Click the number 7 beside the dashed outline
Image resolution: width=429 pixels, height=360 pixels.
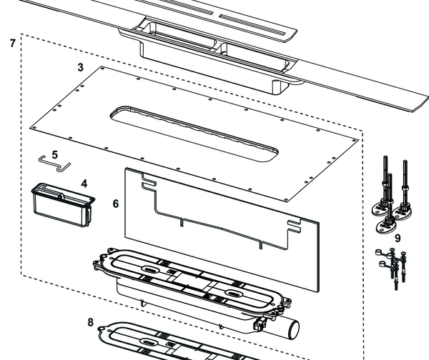point(12,44)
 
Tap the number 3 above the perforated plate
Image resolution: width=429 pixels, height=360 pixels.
point(81,66)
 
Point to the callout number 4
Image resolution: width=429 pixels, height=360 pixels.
point(84,184)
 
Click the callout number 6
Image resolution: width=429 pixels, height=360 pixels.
point(116,204)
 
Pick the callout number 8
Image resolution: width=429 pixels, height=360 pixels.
point(90,322)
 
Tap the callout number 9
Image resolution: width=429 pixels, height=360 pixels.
point(398,237)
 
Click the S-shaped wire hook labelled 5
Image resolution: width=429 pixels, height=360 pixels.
point(53,164)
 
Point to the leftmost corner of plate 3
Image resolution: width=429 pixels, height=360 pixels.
point(31,126)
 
